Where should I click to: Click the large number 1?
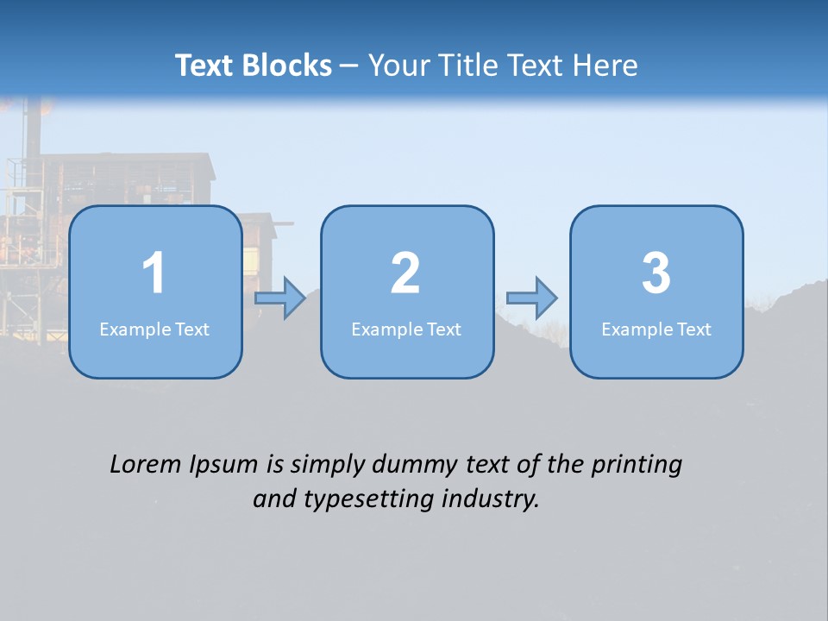154,273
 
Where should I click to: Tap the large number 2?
405,273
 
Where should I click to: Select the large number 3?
656,273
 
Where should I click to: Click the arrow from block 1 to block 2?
280,298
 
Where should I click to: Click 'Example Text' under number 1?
154,329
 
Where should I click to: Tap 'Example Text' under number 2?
406,329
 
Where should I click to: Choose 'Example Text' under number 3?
656,329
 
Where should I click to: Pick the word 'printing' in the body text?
637,466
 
